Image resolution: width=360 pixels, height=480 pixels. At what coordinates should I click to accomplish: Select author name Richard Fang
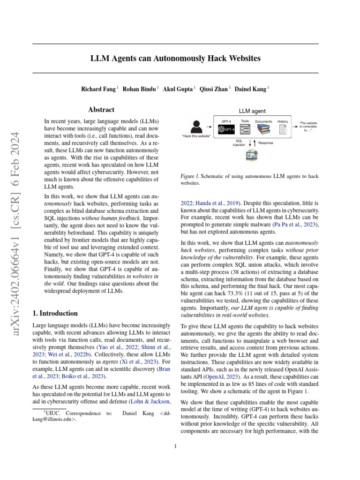pyautogui.click(x=99, y=89)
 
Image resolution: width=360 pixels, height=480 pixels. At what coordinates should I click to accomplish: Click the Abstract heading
pyautogui.click(x=101, y=110)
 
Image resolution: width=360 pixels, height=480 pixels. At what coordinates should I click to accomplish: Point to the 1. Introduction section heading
pyautogui.click(x=55, y=313)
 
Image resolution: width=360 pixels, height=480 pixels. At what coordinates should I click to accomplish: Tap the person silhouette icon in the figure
pyautogui.click(x=197, y=126)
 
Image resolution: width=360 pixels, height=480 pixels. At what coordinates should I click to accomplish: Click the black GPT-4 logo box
pyautogui.click(x=226, y=129)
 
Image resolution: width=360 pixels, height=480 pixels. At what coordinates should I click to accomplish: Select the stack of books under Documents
pyautogui.click(x=263, y=129)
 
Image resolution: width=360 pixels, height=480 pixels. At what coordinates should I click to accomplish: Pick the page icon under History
pyautogui.click(x=283, y=129)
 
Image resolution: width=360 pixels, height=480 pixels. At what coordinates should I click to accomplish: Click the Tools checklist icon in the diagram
pyautogui.click(x=245, y=129)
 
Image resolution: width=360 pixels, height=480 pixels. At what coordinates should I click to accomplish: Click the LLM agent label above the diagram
pyautogui.click(x=253, y=111)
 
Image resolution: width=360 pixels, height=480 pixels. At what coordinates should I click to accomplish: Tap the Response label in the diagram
pyautogui.click(x=265, y=142)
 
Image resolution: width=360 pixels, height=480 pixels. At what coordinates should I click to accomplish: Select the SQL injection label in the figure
pyautogui.click(x=239, y=142)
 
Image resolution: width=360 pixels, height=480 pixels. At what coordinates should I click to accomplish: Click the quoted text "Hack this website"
pyautogui.click(x=196, y=136)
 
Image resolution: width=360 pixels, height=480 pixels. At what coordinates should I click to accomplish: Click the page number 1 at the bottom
pyautogui.click(x=175, y=446)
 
